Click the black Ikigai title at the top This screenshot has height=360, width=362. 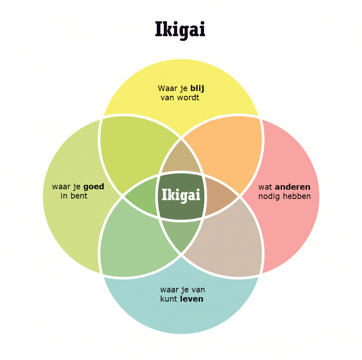pyautogui.click(x=180, y=29)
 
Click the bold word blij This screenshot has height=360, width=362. pyautogui.click(x=197, y=89)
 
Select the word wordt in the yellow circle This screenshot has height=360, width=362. pyautogui.click(x=189, y=97)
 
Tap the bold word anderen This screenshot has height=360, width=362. pyautogui.click(x=292, y=187)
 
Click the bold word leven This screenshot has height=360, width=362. pyautogui.click(x=192, y=299)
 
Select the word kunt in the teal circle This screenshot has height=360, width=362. pyautogui.click(x=169, y=299)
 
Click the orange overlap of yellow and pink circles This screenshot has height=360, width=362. pyautogui.click(x=225, y=149)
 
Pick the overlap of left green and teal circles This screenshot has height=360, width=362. pyautogui.click(x=135, y=244)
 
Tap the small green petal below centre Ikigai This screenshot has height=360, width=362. pyautogui.click(x=181, y=236)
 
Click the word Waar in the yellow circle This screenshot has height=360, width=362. pyautogui.click(x=166, y=89)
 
